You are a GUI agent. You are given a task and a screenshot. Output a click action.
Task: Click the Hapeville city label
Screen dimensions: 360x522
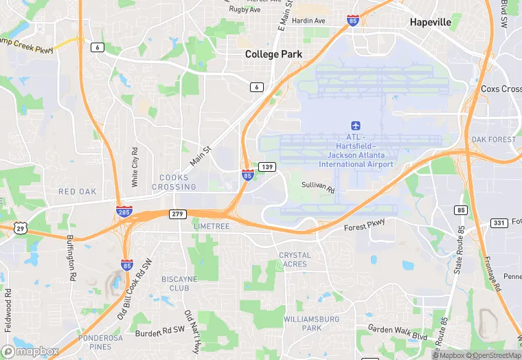pos(431,22)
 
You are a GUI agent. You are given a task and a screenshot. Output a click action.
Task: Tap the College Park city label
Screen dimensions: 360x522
pos(274,54)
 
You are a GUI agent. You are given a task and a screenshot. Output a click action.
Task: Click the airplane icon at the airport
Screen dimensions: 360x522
pos(356,126)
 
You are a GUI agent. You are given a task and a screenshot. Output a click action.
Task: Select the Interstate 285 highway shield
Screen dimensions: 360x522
pos(124,211)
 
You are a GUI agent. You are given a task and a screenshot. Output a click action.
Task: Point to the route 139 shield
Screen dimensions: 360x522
pos(268,167)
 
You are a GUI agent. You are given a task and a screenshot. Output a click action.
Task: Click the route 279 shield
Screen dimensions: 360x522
pos(178,214)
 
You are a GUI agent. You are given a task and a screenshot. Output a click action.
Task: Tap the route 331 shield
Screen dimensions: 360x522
pos(499,223)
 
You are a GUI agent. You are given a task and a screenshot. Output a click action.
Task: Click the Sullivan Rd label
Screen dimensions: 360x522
pos(318,186)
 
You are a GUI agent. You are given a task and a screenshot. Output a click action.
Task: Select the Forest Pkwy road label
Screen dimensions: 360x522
pos(365,225)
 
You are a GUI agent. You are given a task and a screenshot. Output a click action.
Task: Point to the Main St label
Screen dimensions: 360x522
pos(201,155)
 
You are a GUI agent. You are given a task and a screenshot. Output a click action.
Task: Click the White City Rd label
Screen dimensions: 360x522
pos(135,167)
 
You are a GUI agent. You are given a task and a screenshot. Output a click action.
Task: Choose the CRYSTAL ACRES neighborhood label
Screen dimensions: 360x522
pos(295,260)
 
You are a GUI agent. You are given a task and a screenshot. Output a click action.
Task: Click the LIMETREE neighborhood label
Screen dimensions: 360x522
pos(212,226)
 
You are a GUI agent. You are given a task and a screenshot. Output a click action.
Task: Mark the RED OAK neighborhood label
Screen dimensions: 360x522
pos(77,192)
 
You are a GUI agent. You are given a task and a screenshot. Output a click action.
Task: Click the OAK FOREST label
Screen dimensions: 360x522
pos(493,139)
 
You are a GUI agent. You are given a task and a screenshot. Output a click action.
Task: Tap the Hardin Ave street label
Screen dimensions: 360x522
pos(308,21)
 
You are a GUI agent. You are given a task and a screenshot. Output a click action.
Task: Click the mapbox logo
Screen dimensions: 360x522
pos(31,350)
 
